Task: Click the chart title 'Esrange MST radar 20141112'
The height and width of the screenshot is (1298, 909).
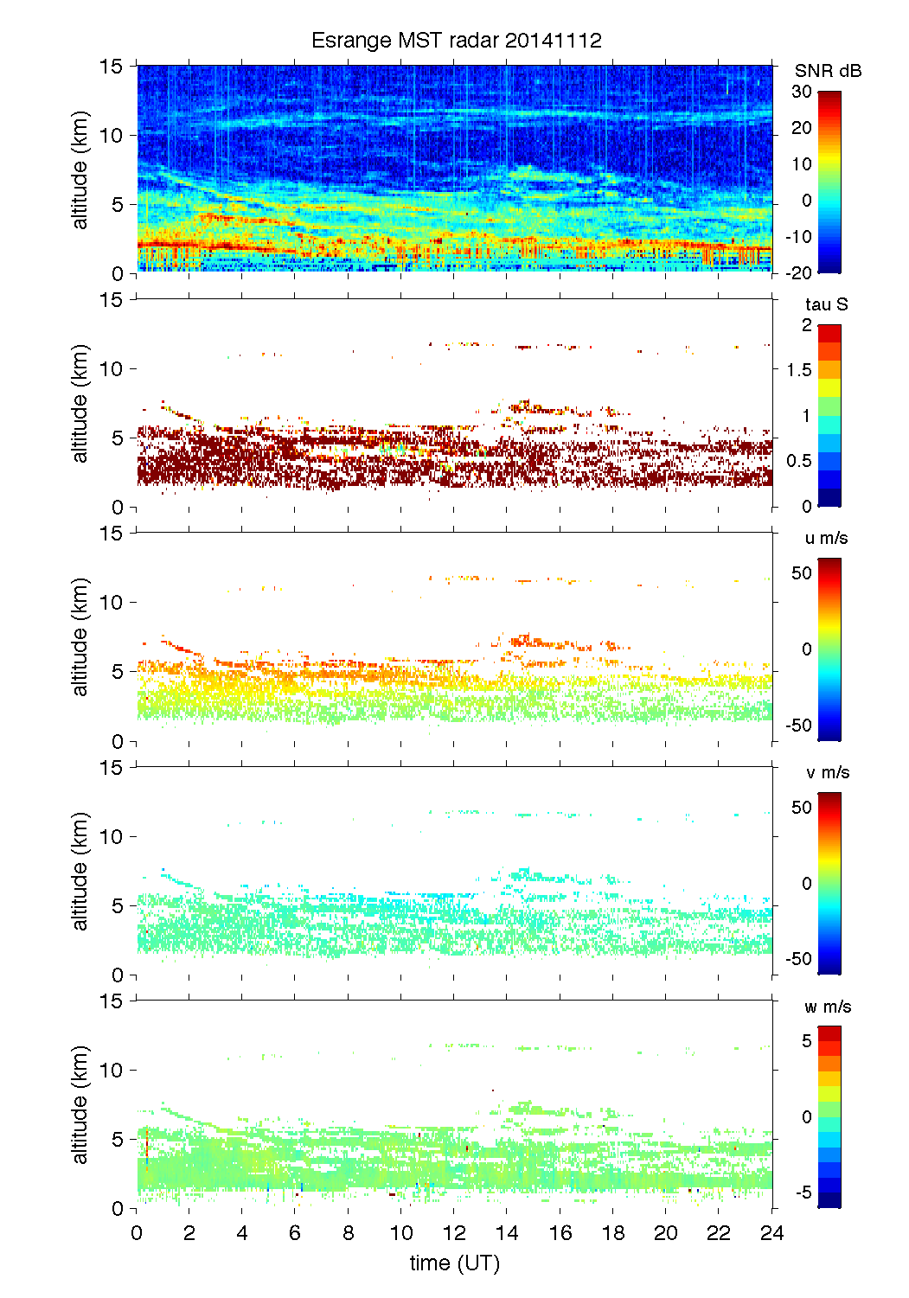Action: pos(456,41)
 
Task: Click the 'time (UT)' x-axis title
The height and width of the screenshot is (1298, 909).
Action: pos(454,1263)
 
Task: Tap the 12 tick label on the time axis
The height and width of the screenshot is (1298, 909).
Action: pos(454,1232)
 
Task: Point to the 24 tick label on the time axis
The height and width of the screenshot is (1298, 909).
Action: pos(771,1232)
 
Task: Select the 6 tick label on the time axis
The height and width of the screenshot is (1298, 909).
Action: pos(295,1232)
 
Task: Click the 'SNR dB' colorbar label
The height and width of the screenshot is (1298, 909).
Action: pos(828,71)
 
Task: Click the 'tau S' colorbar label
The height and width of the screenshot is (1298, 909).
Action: pos(826,304)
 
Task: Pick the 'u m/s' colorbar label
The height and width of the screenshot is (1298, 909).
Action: pos(826,538)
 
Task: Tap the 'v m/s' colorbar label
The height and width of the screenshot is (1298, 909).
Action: pos(827,772)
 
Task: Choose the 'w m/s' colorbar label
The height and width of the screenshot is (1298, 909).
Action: pos(828,1007)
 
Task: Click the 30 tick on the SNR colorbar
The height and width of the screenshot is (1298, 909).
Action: pos(802,92)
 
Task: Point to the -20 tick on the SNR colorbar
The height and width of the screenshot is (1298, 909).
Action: pos(798,272)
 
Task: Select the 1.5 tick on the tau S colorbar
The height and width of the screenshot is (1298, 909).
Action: pos(798,370)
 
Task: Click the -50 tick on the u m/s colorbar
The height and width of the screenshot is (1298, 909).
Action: pos(798,725)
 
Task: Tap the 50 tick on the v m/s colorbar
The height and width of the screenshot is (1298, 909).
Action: pos(802,808)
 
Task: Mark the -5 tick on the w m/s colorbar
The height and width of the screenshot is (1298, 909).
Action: pos(803,1192)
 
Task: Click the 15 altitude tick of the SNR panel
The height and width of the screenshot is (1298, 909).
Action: pos(112,66)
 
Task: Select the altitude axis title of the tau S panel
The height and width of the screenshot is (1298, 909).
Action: pos(80,403)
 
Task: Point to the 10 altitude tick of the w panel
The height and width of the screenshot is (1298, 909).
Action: pos(112,1070)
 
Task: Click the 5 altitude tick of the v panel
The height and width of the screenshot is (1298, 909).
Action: pos(117,905)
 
